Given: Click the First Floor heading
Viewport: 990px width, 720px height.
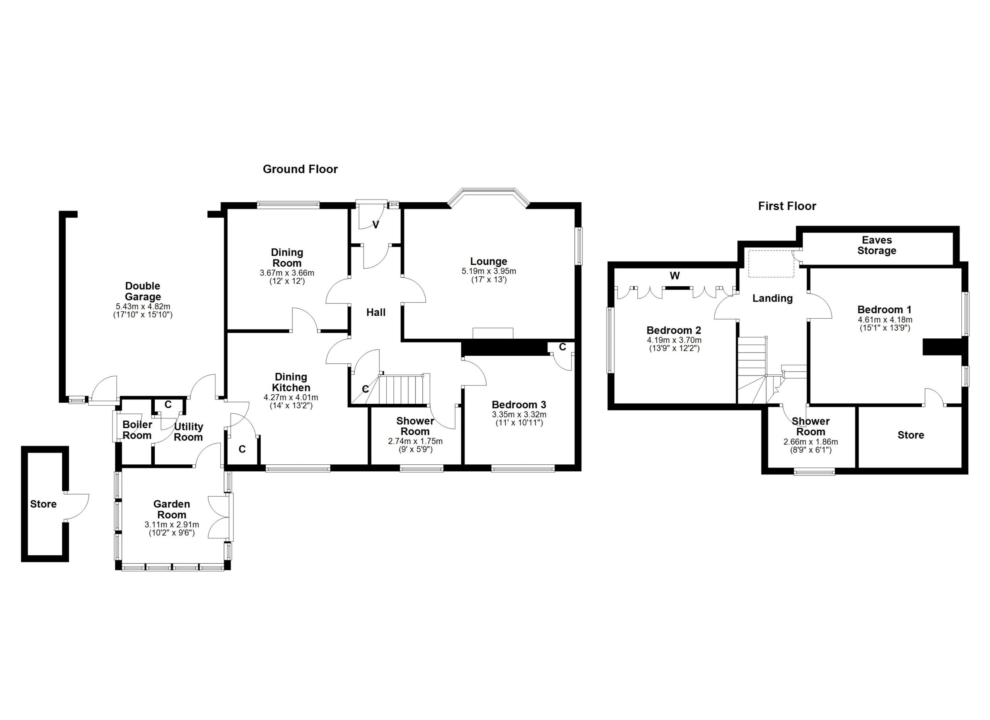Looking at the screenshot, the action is coord(787,206).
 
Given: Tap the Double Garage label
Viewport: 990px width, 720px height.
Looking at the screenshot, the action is coord(143,292).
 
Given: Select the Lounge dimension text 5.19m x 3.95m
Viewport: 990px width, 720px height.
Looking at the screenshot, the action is coord(488,271).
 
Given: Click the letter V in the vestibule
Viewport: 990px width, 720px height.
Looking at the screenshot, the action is coord(376,225).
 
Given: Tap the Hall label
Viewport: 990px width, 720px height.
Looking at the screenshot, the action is coord(376,312).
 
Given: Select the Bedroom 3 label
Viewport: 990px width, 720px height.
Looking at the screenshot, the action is coord(519,405).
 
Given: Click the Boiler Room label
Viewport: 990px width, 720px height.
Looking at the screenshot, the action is coord(137,430).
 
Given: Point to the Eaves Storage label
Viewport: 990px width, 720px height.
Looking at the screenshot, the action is coord(877,245).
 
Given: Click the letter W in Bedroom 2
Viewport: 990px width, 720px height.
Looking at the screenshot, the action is coord(675,276).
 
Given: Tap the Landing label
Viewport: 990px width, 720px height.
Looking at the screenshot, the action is coord(772,299).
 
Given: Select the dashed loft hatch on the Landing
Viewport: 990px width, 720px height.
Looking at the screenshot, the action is coord(771,264).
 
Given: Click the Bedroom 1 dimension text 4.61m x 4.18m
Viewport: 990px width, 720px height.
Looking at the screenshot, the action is coord(884,319).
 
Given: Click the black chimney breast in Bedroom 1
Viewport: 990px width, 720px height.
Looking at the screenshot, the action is coord(943,347).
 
